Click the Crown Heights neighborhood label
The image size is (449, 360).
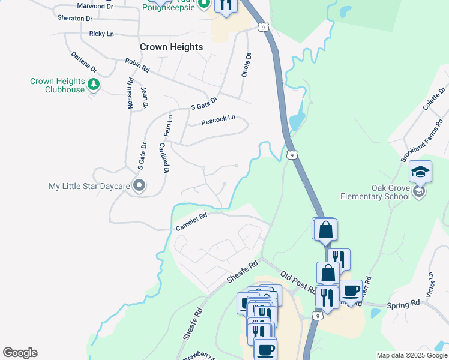171,47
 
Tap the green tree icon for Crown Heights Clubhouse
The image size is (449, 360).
93,85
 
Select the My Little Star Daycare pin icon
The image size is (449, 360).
139,186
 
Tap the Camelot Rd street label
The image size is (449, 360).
191,223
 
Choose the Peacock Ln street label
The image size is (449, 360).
218,120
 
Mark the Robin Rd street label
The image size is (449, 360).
137,65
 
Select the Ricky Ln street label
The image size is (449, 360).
101,34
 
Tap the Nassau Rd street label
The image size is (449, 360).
130,93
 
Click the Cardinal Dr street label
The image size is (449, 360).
164,159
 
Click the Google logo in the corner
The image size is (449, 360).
20,353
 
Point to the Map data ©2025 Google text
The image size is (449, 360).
411,355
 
